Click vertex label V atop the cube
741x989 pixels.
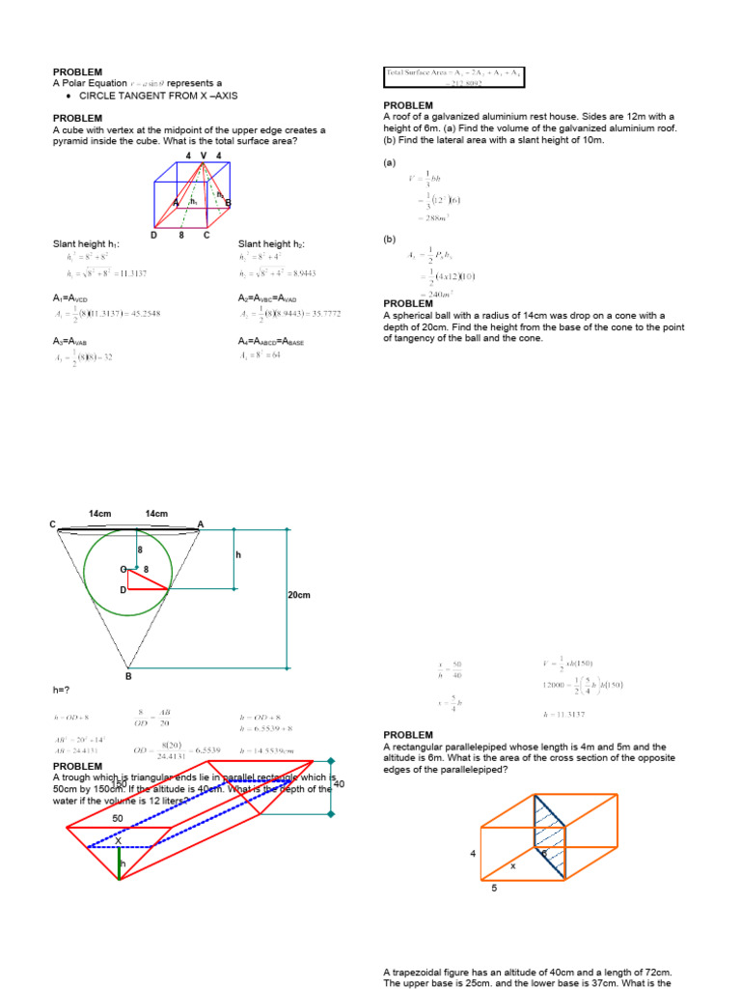[x=203, y=155]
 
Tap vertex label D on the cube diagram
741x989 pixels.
[x=153, y=235]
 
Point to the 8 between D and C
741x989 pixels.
[x=180, y=235]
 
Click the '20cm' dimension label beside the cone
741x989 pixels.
[x=300, y=596]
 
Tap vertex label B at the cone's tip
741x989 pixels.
[x=127, y=676]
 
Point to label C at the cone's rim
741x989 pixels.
[x=53, y=524]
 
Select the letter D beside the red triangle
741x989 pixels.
[x=123, y=589]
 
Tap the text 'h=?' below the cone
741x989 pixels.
[x=62, y=691]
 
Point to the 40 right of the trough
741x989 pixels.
[x=339, y=784]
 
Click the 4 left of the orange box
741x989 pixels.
[x=473, y=854]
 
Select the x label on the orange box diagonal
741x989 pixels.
[x=513, y=866]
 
